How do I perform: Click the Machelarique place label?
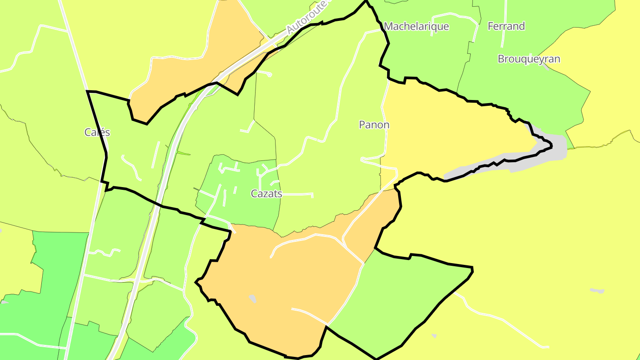click(416, 26)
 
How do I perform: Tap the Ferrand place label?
click(506, 26)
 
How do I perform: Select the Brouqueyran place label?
click(529, 59)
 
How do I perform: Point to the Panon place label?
click(374, 125)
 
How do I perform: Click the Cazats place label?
click(266, 193)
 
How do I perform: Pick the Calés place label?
click(97, 132)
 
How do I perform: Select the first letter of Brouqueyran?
click(501, 59)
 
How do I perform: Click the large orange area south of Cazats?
click(284, 284)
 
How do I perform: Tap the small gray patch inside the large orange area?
click(252, 299)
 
